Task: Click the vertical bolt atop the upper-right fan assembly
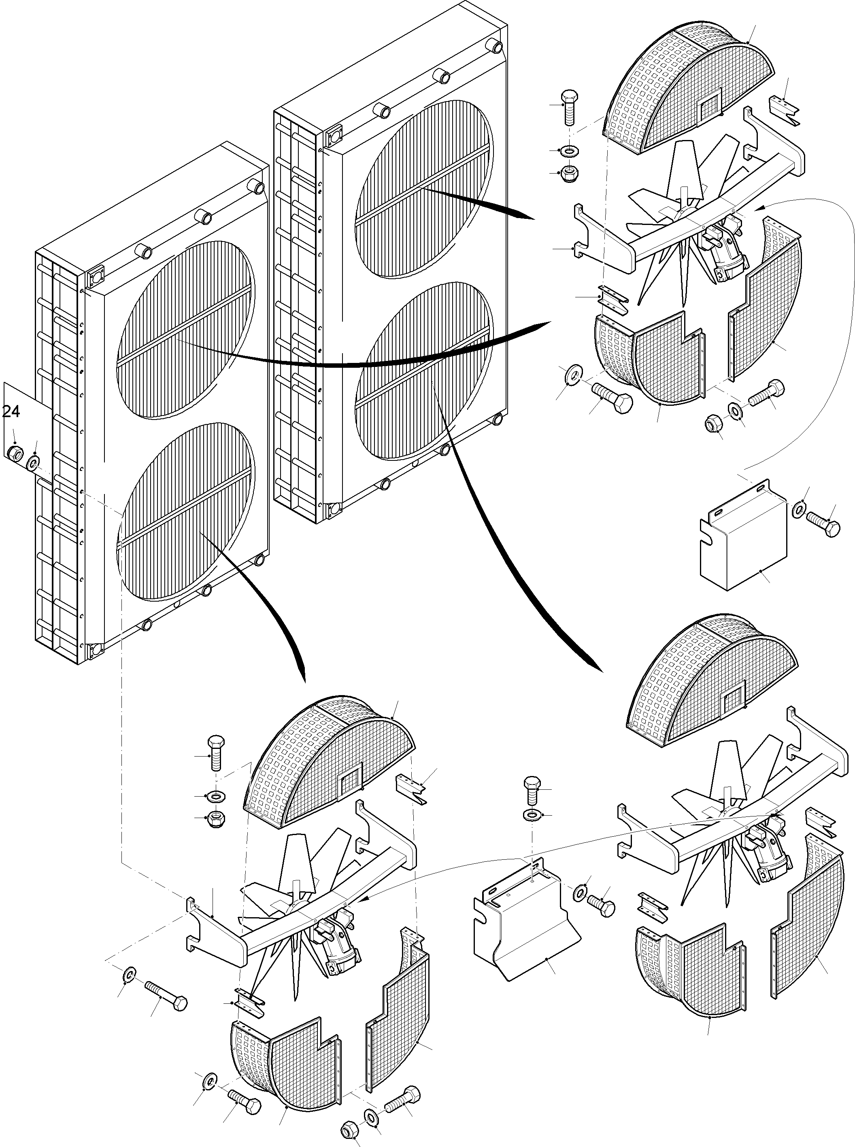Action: [569, 106]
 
